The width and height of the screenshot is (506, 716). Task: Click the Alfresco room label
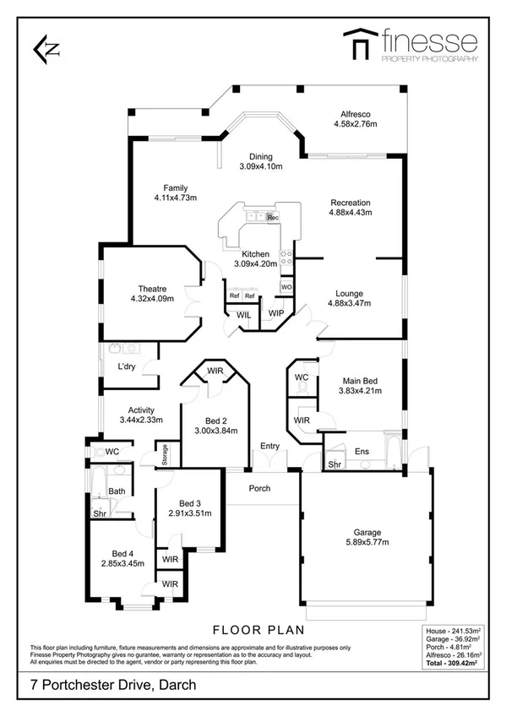355,114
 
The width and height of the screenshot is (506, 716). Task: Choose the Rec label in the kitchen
272,218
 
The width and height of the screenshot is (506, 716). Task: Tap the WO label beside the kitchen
286,287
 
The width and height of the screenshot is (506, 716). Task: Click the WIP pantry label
276,314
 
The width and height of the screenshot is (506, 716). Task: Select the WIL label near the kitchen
243,315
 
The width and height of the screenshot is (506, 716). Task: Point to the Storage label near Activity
166,455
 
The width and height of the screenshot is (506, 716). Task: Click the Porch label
259,489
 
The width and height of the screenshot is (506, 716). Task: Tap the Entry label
269,446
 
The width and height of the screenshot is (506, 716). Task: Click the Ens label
362,451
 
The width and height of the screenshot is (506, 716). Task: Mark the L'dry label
128,366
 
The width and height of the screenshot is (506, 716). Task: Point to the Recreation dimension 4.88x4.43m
351,213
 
